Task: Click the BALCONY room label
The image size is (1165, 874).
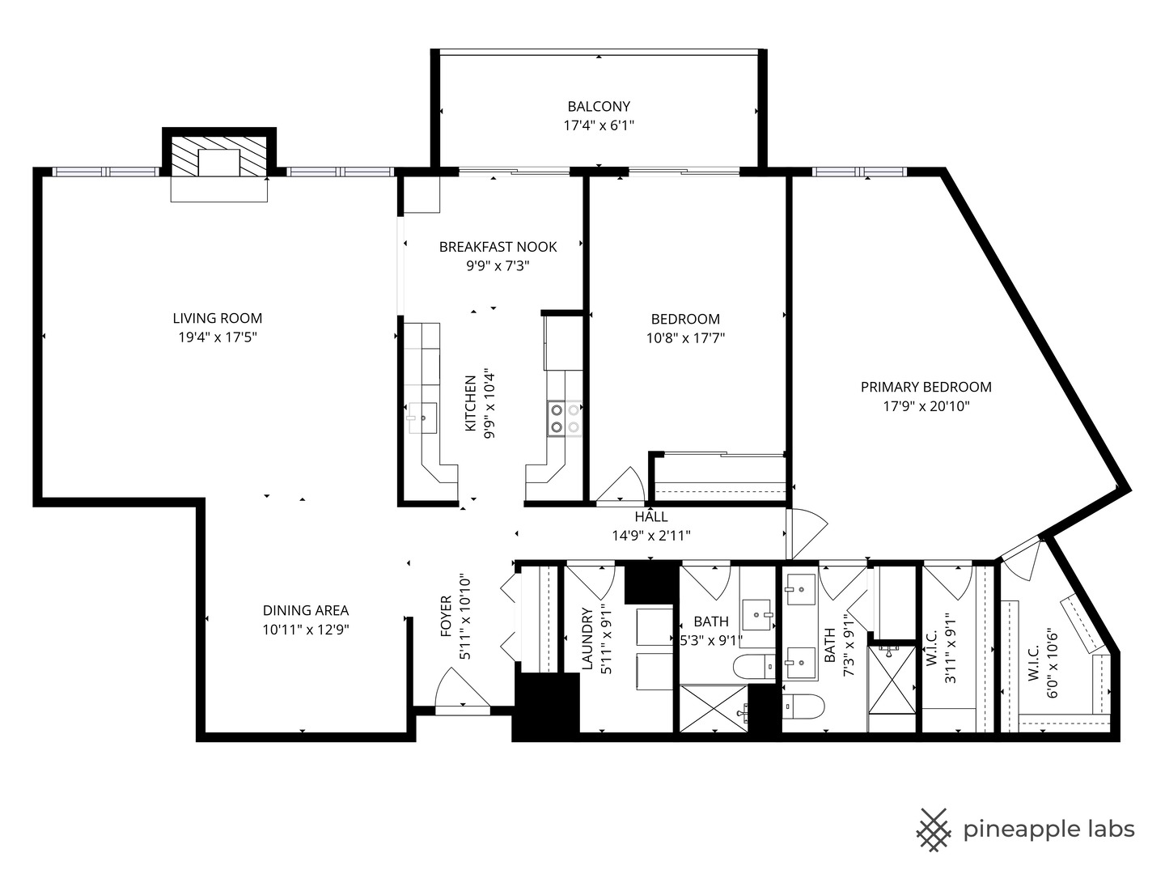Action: pos(599,106)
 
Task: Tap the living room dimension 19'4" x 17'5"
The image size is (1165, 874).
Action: pos(218,337)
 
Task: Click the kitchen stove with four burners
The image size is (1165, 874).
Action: pos(565,418)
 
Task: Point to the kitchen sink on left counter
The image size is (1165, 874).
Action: pos(422,418)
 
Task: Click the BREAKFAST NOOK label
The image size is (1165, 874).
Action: pos(498,247)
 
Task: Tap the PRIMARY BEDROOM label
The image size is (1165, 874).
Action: pos(926,387)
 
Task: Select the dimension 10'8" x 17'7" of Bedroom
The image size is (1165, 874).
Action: pos(685,338)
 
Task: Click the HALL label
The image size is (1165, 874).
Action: pos(651,517)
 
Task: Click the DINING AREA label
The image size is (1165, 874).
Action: pos(306,610)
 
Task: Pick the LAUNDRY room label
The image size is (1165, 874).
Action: pos(588,639)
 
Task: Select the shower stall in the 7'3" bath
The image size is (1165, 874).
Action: pos(892,679)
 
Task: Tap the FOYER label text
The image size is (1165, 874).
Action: pos(447,617)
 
